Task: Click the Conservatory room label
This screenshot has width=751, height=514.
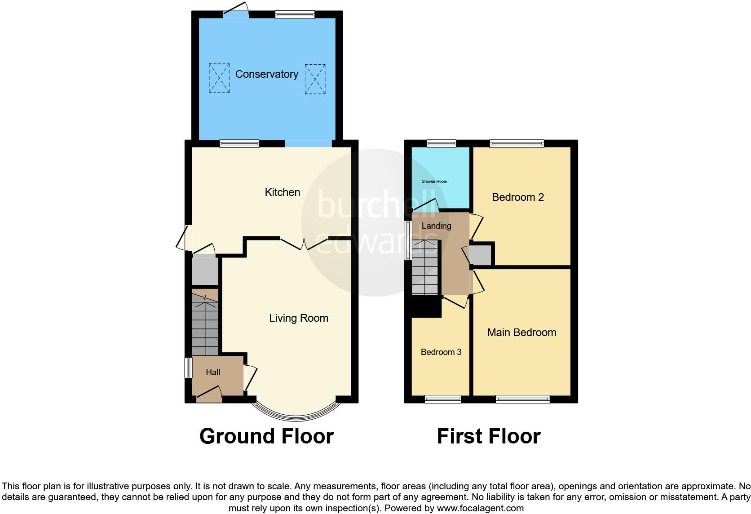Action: (267, 74)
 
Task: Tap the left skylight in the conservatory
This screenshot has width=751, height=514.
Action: (219, 78)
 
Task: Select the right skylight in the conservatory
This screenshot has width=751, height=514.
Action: (315, 79)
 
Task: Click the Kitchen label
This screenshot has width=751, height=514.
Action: (282, 192)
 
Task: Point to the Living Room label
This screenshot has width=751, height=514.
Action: (299, 318)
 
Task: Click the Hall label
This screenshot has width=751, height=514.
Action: (213, 372)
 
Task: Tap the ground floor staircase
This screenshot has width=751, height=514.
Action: (205, 328)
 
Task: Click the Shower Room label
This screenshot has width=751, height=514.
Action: (434, 182)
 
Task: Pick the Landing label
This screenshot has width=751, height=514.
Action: (436, 226)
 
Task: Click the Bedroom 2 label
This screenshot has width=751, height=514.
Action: (518, 197)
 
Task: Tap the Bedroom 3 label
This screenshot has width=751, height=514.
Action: (441, 352)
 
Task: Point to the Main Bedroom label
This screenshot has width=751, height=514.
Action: (521, 332)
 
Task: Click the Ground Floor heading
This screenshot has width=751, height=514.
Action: (266, 436)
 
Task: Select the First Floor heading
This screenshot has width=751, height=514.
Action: (489, 436)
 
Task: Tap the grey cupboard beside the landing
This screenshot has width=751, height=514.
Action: (481, 255)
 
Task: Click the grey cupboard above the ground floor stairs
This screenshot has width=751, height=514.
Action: (205, 270)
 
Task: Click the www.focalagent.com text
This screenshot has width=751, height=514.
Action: (480, 508)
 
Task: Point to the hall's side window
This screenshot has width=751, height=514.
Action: (189, 368)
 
